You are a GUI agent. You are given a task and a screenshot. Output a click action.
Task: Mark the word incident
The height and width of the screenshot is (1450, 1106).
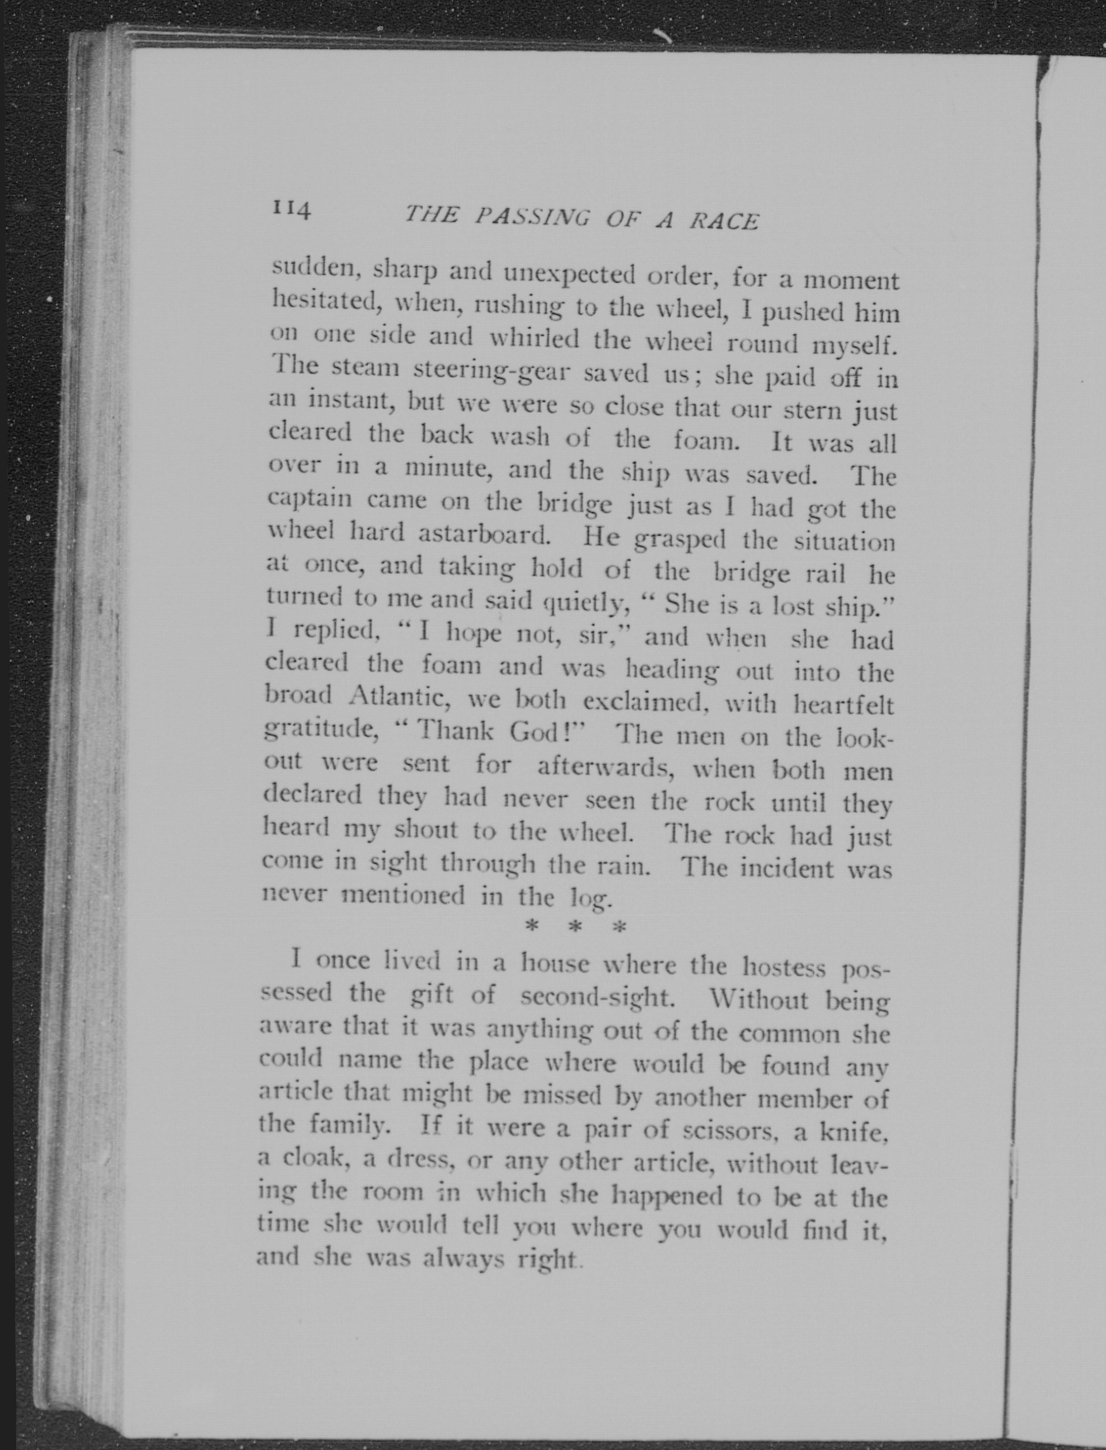[787, 869]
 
